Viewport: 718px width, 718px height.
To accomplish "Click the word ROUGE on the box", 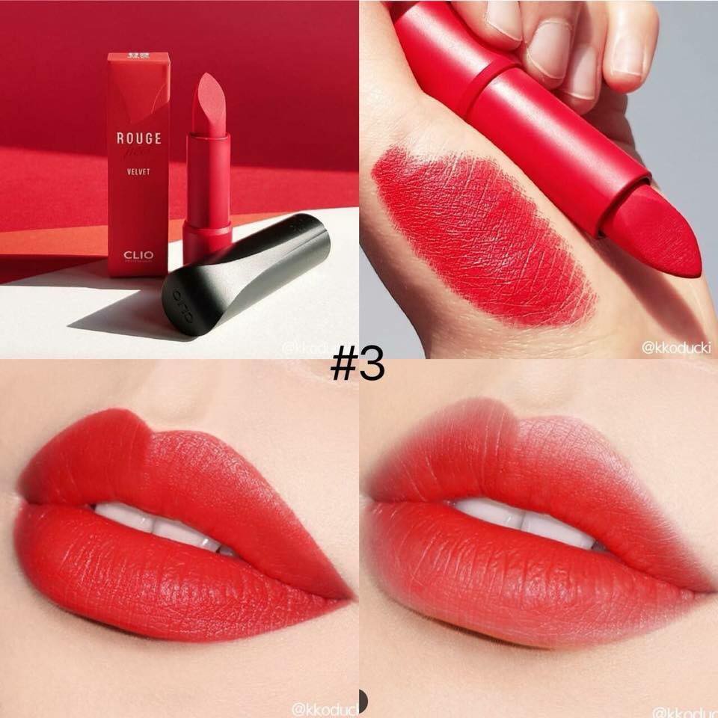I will pyautogui.click(x=138, y=138).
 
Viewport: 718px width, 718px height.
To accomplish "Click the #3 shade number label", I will pyautogui.click(x=358, y=364).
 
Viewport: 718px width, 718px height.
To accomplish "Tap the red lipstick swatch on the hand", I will pyautogui.click(x=479, y=232).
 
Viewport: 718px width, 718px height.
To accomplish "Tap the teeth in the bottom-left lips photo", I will pyautogui.click(x=161, y=524).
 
